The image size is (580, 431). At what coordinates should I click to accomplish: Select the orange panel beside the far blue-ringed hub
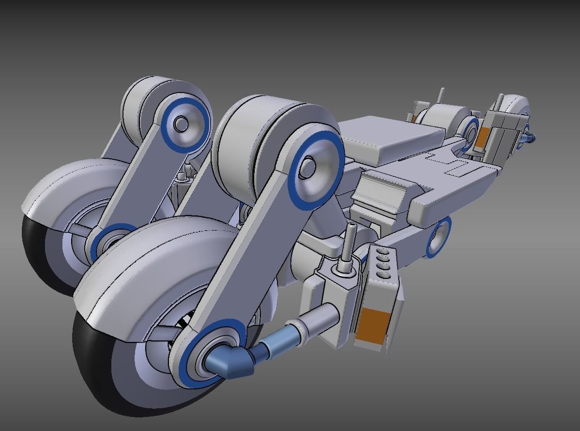click(482, 137)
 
